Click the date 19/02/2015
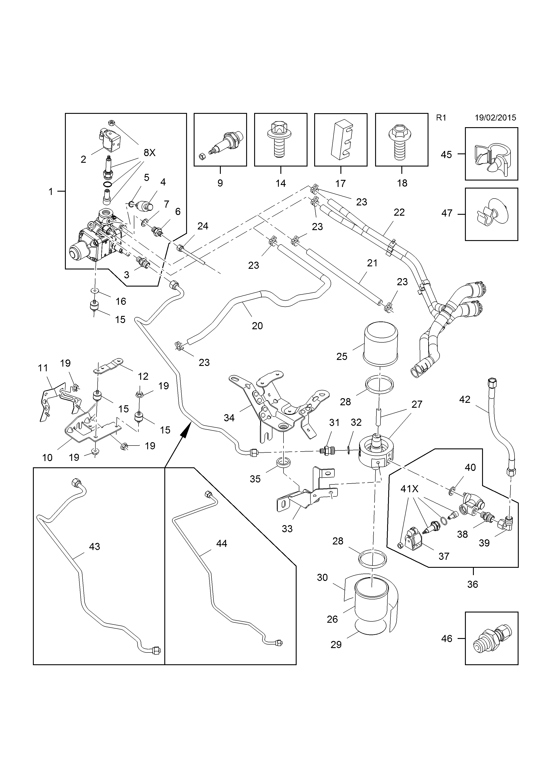tap(495, 118)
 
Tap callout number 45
tap(446, 155)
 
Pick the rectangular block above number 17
tap(341, 140)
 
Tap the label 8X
tap(149, 153)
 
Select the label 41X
tap(410, 489)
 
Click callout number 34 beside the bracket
tap(229, 418)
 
